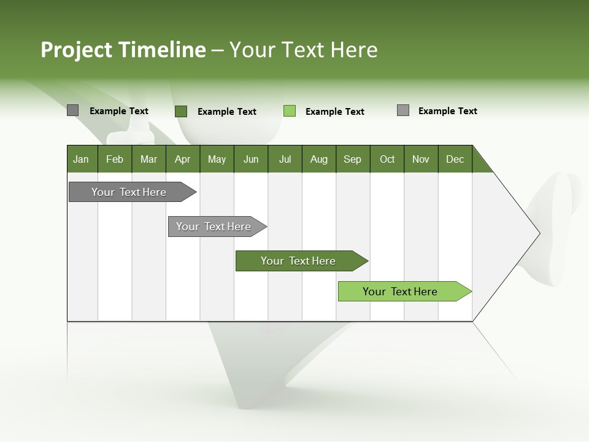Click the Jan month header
82,159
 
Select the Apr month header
182,159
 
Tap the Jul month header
285,159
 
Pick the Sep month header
352,159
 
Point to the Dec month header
455,159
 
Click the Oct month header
387,159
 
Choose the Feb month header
115,159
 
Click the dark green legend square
180,111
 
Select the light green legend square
290,110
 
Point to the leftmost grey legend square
72,110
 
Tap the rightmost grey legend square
403,110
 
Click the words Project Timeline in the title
123,50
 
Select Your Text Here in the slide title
303,50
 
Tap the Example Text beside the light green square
334,112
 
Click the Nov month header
420,159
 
